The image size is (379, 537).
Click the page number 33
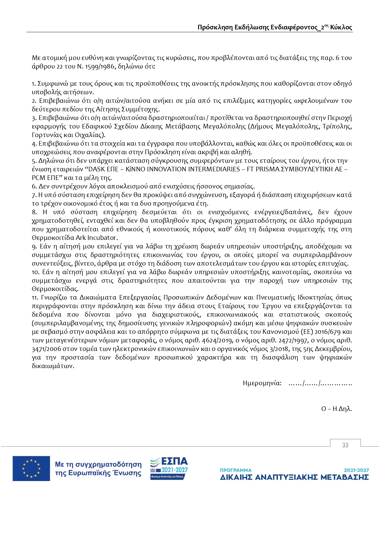pos(345,445)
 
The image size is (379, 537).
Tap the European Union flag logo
pos(31,468)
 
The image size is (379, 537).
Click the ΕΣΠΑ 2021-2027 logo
pos(169,468)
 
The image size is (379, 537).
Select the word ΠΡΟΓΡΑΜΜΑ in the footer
pos(236,470)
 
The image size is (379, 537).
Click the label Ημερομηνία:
pos(262,383)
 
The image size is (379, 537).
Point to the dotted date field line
pos(320,383)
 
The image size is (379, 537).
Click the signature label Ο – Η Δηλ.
pos(336,409)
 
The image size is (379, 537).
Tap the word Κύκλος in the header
pos(341,27)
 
